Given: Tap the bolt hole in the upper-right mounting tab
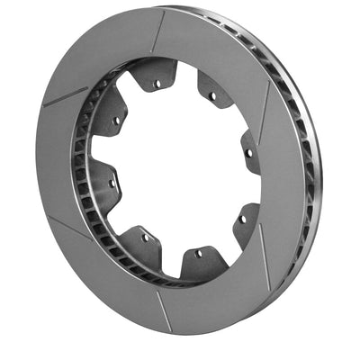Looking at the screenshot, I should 212,94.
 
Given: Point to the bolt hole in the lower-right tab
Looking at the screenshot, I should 241,219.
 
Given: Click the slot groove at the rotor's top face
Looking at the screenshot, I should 158,32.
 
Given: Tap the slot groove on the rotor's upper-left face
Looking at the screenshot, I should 67,96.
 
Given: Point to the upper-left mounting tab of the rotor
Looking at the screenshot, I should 112,115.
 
